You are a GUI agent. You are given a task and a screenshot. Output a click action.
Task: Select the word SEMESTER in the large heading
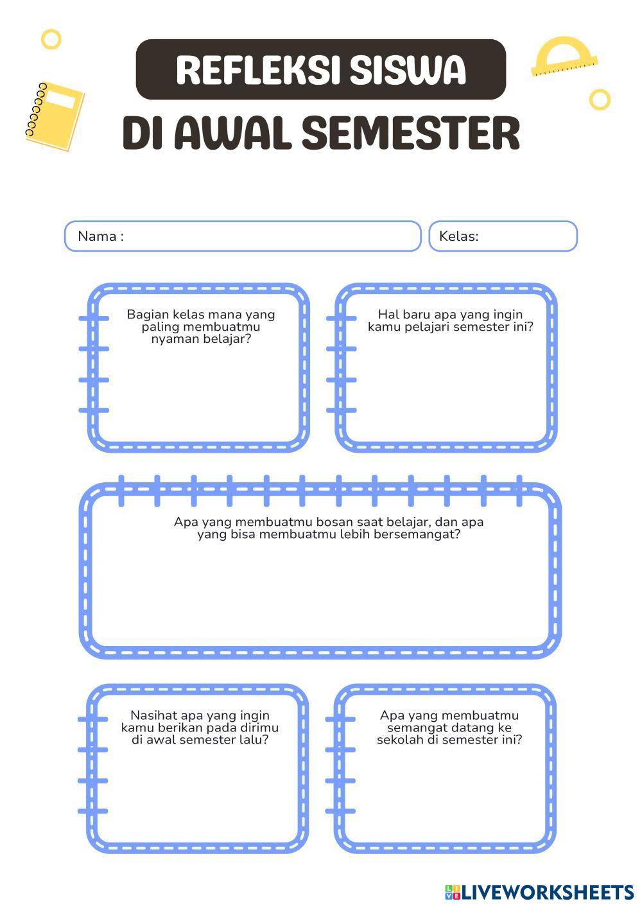point(410,134)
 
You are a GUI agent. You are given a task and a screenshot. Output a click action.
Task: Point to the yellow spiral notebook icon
point(55,116)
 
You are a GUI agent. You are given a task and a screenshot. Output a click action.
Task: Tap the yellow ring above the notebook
point(51,39)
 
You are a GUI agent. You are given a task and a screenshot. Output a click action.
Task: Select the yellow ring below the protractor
point(600,100)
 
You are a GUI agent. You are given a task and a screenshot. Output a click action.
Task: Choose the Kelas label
point(458,236)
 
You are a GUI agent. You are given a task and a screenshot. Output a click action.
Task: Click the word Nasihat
point(153,715)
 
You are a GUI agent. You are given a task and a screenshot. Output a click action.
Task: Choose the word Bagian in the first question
point(147,314)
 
